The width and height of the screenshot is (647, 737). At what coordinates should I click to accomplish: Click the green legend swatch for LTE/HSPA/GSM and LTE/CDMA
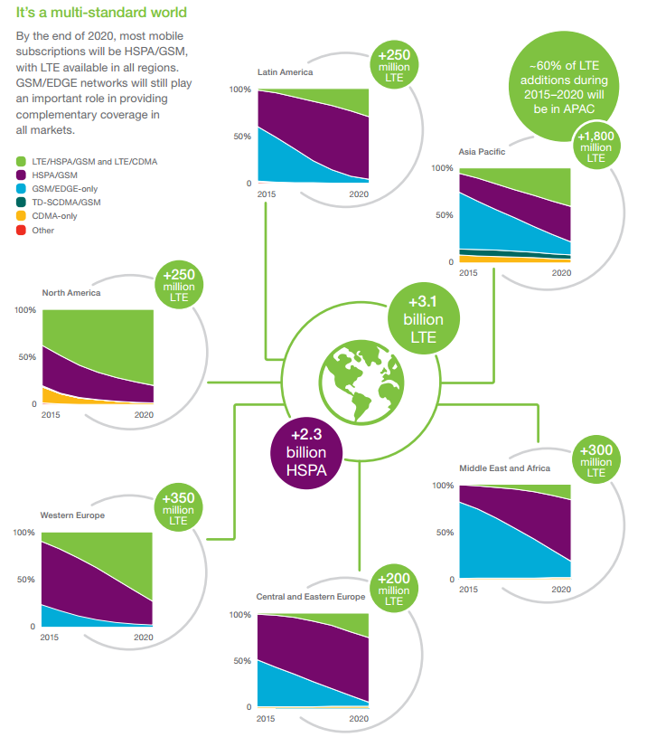point(21,161)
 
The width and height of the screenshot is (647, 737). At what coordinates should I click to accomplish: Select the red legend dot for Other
point(21,230)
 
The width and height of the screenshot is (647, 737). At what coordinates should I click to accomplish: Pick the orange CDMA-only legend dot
point(21,216)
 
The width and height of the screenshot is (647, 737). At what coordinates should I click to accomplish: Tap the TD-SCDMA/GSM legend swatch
point(21,203)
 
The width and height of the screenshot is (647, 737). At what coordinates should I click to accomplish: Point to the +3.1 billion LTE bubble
point(424,319)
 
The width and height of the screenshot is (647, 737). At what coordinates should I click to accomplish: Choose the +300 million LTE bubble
point(595,460)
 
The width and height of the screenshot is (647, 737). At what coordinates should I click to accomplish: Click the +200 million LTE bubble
point(394,590)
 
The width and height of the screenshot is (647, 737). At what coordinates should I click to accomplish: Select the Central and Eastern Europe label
point(311,597)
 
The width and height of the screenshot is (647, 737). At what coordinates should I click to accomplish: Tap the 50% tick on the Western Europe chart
point(26,579)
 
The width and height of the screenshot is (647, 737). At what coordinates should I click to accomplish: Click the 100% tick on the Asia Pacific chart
point(443,168)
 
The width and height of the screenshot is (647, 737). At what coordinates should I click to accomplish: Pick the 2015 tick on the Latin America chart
point(267,194)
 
